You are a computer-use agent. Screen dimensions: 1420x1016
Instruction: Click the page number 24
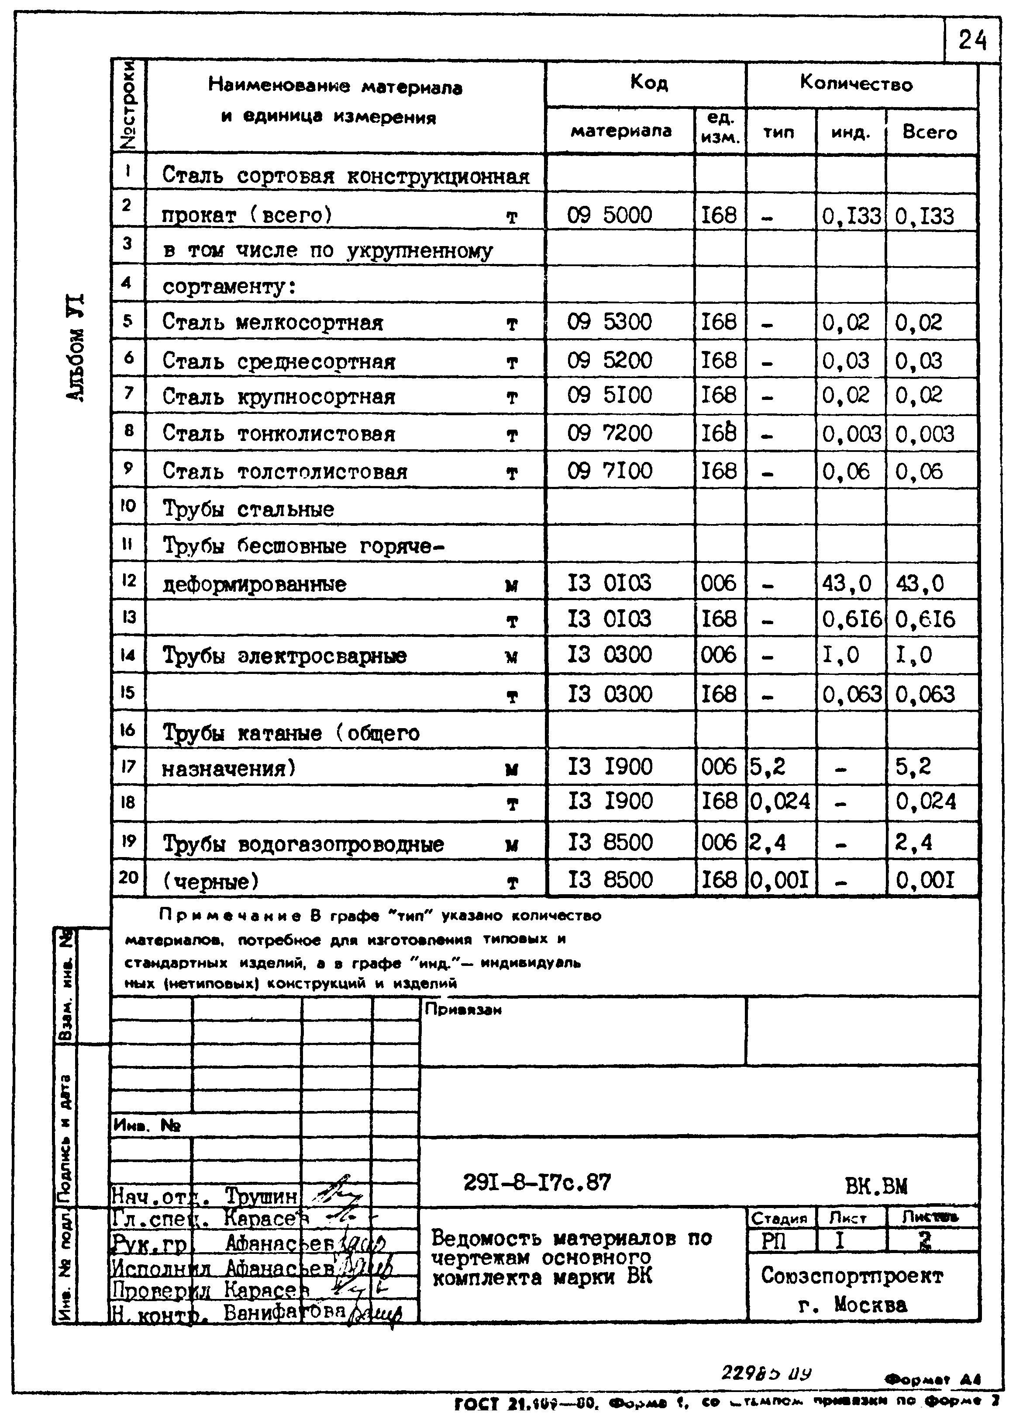(971, 42)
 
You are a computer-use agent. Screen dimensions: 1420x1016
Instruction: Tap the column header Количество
(856, 84)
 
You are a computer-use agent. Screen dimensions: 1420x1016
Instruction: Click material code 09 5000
(609, 215)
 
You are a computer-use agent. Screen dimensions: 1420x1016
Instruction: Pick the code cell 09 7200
(609, 433)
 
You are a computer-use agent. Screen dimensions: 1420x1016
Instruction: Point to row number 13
(128, 617)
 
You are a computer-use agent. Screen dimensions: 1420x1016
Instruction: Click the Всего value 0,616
(925, 619)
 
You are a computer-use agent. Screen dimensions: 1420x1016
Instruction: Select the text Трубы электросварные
(285, 656)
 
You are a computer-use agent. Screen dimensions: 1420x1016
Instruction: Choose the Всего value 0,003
(925, 434)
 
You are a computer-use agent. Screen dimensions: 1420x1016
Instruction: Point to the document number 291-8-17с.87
(537, 1181)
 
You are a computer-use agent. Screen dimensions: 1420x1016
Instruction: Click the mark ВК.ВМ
(875, 1185)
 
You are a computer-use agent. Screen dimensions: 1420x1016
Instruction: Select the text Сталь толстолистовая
(285, 472)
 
